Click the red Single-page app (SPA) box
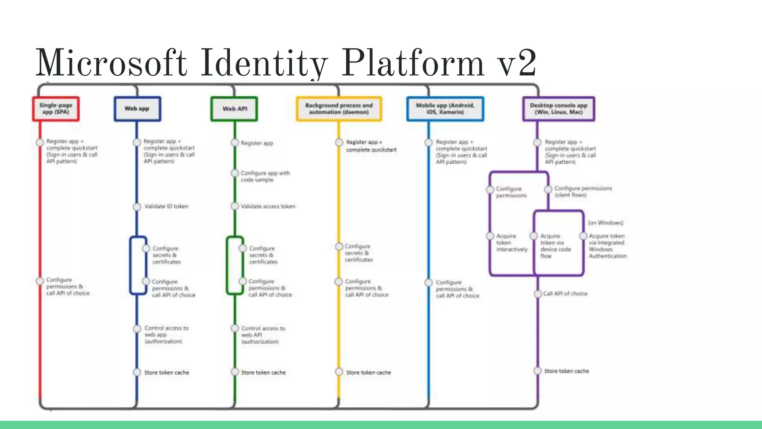pyautogui.click(x=56, y=109)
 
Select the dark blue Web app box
pyautogui.click(x=137, y=109)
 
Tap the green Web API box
pyautogui.click(x=234, y=109)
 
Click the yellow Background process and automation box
pyautogui.click(x=339, y=109)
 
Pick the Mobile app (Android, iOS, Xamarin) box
pyautogui.click(x=445, y=109)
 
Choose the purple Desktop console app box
pyautogui.click(x=558, y=109)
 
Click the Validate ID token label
pyautogui.click(x=166, y=206)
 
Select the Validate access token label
pyautogui.click(x=268, y=206)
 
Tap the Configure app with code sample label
pyautogui.click(x=265, y=177)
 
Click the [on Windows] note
pyautogui.click(x=605, y=223)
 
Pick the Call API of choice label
pyautogui.click(x=565, y=294)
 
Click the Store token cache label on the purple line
pyautogui.click(x=566, y=371)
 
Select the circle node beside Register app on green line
pyautogui.click(x=235, y=143)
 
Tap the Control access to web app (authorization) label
pyautogui.click(x=166, y=335)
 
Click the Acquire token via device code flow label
pyautogui.click(x=555, y=246)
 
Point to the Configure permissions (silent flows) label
pyautogui.click(x=583, y=191)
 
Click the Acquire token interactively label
pyautogui.click(x=511, y=243)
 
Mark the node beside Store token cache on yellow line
pyautogui.click(x=339, y=372)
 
